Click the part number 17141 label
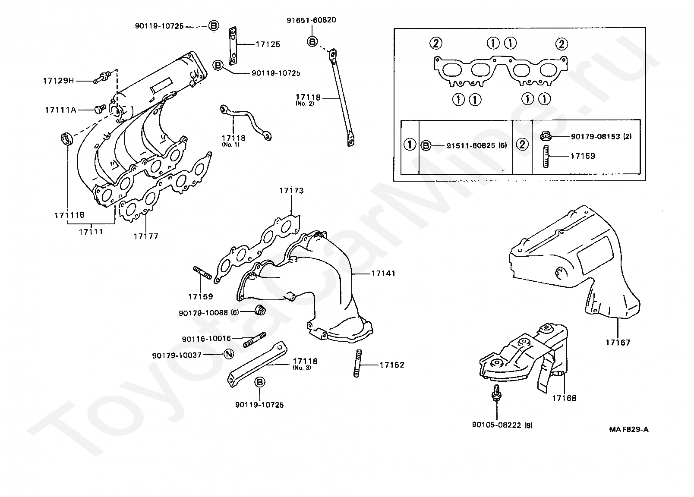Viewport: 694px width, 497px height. click(x=383, y=274)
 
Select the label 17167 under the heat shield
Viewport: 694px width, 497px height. click(x=618, y=343)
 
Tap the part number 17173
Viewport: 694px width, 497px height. click(x=292, y=190)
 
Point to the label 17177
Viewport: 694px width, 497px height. click(x=146, y=236)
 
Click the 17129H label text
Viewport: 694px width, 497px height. click(x=58, y=81)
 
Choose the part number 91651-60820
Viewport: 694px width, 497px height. click(x=311, y=20)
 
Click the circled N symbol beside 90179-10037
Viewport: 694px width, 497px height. click(x=229, y=354)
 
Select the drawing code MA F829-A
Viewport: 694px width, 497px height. click(x=629, y=429)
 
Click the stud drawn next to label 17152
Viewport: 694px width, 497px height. click(x=357, y=363)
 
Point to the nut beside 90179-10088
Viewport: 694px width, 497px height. click(x=260, y=310)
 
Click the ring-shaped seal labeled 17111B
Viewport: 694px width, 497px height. click(x=66, y=138)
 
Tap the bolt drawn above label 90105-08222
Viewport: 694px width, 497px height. click(x=496, y=393)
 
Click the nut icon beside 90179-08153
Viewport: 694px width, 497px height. click(x=546, y=136)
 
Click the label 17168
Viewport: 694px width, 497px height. click(x=564, y=398)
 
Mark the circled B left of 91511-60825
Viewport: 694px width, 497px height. click(x=426, y=145)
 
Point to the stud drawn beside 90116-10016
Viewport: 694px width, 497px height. click(x=254, y=340)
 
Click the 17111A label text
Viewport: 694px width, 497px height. click(x=61, y=110)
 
